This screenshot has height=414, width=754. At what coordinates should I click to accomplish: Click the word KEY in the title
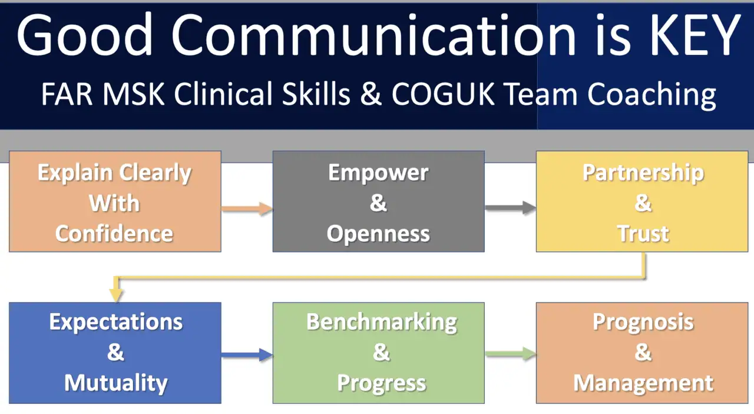click(695, 35)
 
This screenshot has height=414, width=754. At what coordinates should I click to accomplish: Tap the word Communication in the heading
click(373, 35)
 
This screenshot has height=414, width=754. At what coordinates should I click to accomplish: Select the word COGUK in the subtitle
click(443, 94)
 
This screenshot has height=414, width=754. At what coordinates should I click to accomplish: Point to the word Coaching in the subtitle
click(652, 96)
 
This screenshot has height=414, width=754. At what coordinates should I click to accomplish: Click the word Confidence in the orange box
click(114, 234)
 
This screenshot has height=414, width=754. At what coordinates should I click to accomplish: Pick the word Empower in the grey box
click(378, 173)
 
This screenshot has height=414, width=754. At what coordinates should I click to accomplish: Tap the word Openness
click(378, 234)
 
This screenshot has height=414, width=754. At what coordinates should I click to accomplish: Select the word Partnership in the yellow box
click(643, 173)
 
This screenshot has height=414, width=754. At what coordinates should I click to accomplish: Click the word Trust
click(643, 234)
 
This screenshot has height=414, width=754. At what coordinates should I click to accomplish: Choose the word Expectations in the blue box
click(116, 323)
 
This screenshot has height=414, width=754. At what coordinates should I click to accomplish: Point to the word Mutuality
click(116, 383)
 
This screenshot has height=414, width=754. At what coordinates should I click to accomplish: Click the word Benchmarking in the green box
click(382, 323)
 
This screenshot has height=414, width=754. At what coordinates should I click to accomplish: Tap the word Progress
click(382, 384)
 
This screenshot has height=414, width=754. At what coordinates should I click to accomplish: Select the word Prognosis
click(643, 323)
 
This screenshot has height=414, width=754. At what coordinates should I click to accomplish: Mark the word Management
click(643, 383)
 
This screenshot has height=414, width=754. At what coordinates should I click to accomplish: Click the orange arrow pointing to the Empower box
click(247, 208)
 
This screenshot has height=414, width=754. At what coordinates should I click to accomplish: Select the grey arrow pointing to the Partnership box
click(511, 208)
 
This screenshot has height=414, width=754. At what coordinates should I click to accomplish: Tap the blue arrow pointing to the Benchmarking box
click(247, 354)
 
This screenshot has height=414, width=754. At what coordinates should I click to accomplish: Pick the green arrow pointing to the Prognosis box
click(511, 354)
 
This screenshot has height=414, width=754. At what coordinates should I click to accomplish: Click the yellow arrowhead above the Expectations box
click(116, 295)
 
